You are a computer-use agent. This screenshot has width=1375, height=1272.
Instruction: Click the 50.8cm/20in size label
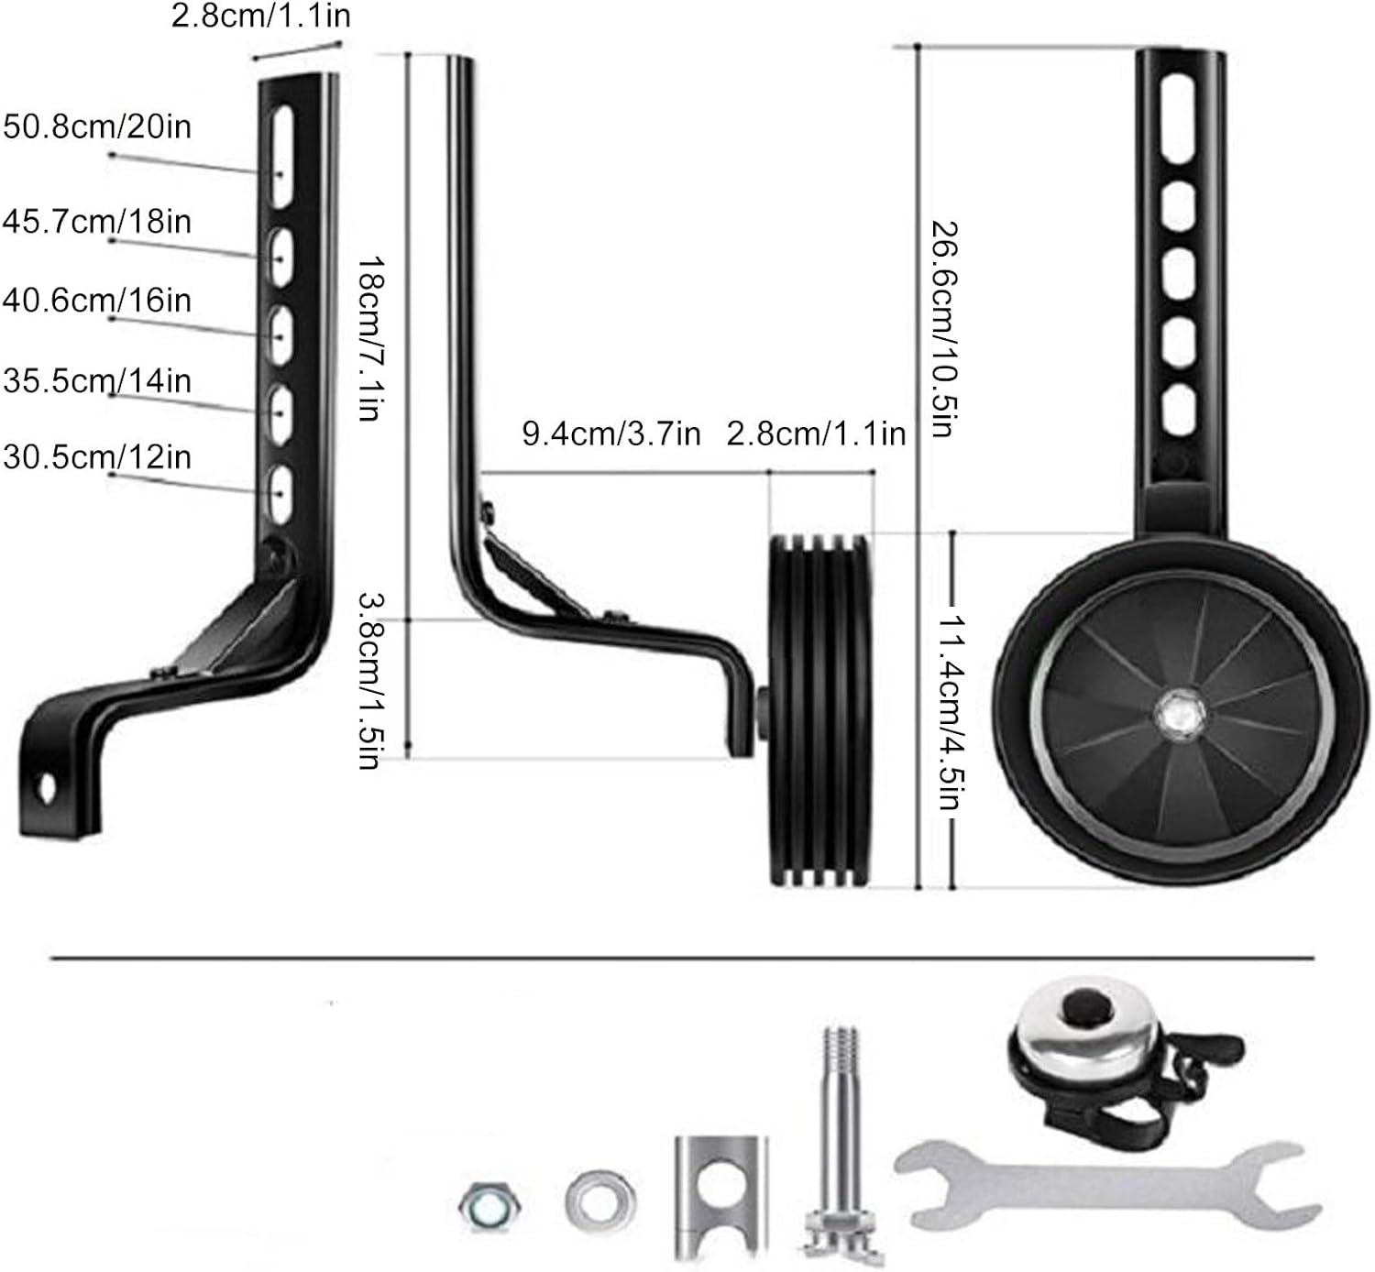click(97, 126)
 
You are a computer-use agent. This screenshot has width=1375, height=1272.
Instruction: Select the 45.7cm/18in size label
click(97, 222)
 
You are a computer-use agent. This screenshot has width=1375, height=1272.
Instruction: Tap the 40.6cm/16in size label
click(97, 301)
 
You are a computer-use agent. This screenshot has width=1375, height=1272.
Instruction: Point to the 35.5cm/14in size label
click(97, 381)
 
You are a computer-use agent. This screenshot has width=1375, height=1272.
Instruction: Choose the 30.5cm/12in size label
click(97, 457)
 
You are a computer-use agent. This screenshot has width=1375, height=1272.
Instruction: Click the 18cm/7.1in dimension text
click(370, 338)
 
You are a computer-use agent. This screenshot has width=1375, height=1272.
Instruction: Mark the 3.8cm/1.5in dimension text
click(370, 681)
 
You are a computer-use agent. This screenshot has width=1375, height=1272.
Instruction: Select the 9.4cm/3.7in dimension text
click(611, 434)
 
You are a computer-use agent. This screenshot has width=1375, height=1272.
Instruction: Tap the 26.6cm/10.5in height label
click(944, 329)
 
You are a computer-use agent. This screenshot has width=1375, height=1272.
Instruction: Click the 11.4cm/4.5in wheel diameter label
click(951, 712)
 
